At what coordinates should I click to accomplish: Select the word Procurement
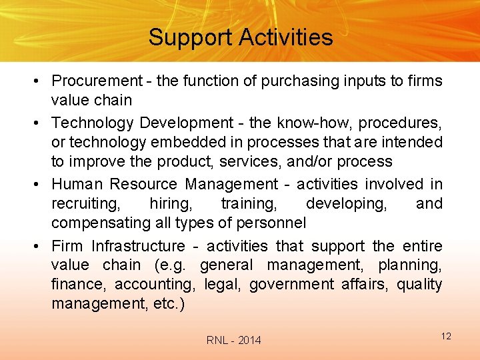click(97, 81)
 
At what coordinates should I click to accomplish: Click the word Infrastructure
click(138, 247)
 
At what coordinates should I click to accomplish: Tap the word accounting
click(155, 285)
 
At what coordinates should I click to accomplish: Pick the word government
click(291, 285)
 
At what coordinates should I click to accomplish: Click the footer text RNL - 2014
click(234, 341)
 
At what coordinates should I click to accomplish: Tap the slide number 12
click(446, 336)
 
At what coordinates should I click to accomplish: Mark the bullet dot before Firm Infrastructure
click(41, 247)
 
